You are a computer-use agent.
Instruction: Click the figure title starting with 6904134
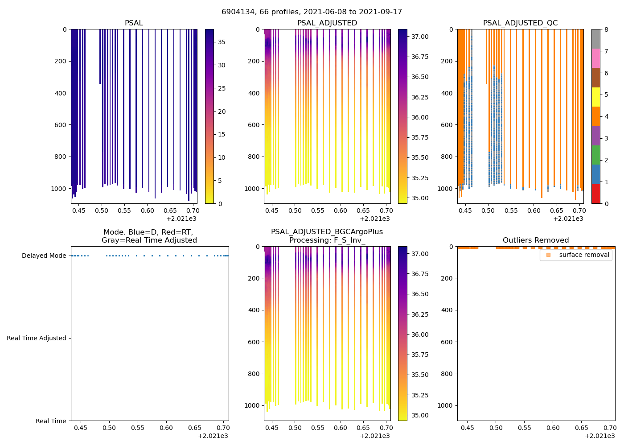312,12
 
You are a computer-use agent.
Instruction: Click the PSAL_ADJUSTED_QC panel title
520,23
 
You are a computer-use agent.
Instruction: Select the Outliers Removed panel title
536,240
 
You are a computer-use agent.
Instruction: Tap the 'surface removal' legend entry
584,255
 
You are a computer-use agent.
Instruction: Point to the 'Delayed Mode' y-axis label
44,256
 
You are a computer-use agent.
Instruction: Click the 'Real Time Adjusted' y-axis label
36,339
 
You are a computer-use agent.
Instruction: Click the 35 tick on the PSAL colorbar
222,42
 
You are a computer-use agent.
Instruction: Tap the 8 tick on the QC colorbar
606,29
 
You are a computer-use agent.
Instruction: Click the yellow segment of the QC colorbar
596,97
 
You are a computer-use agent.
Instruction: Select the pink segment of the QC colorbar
596,58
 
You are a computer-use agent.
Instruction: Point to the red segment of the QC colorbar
596,194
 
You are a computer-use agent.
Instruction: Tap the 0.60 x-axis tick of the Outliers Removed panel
553,428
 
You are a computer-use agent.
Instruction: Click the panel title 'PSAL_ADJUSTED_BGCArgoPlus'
327,232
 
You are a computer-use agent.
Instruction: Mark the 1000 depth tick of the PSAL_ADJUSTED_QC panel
446,189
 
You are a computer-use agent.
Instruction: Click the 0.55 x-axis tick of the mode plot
138,428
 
